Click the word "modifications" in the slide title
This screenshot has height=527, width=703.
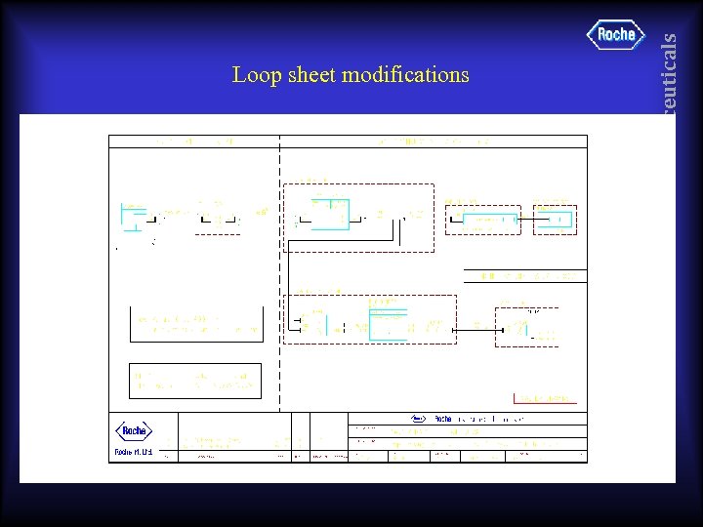405,75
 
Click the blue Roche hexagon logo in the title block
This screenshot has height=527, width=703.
134,431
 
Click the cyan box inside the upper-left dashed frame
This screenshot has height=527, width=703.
328,214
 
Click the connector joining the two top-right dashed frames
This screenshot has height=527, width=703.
527,221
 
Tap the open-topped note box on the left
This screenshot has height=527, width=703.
196,325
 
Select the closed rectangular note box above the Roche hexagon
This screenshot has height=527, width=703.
195,381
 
